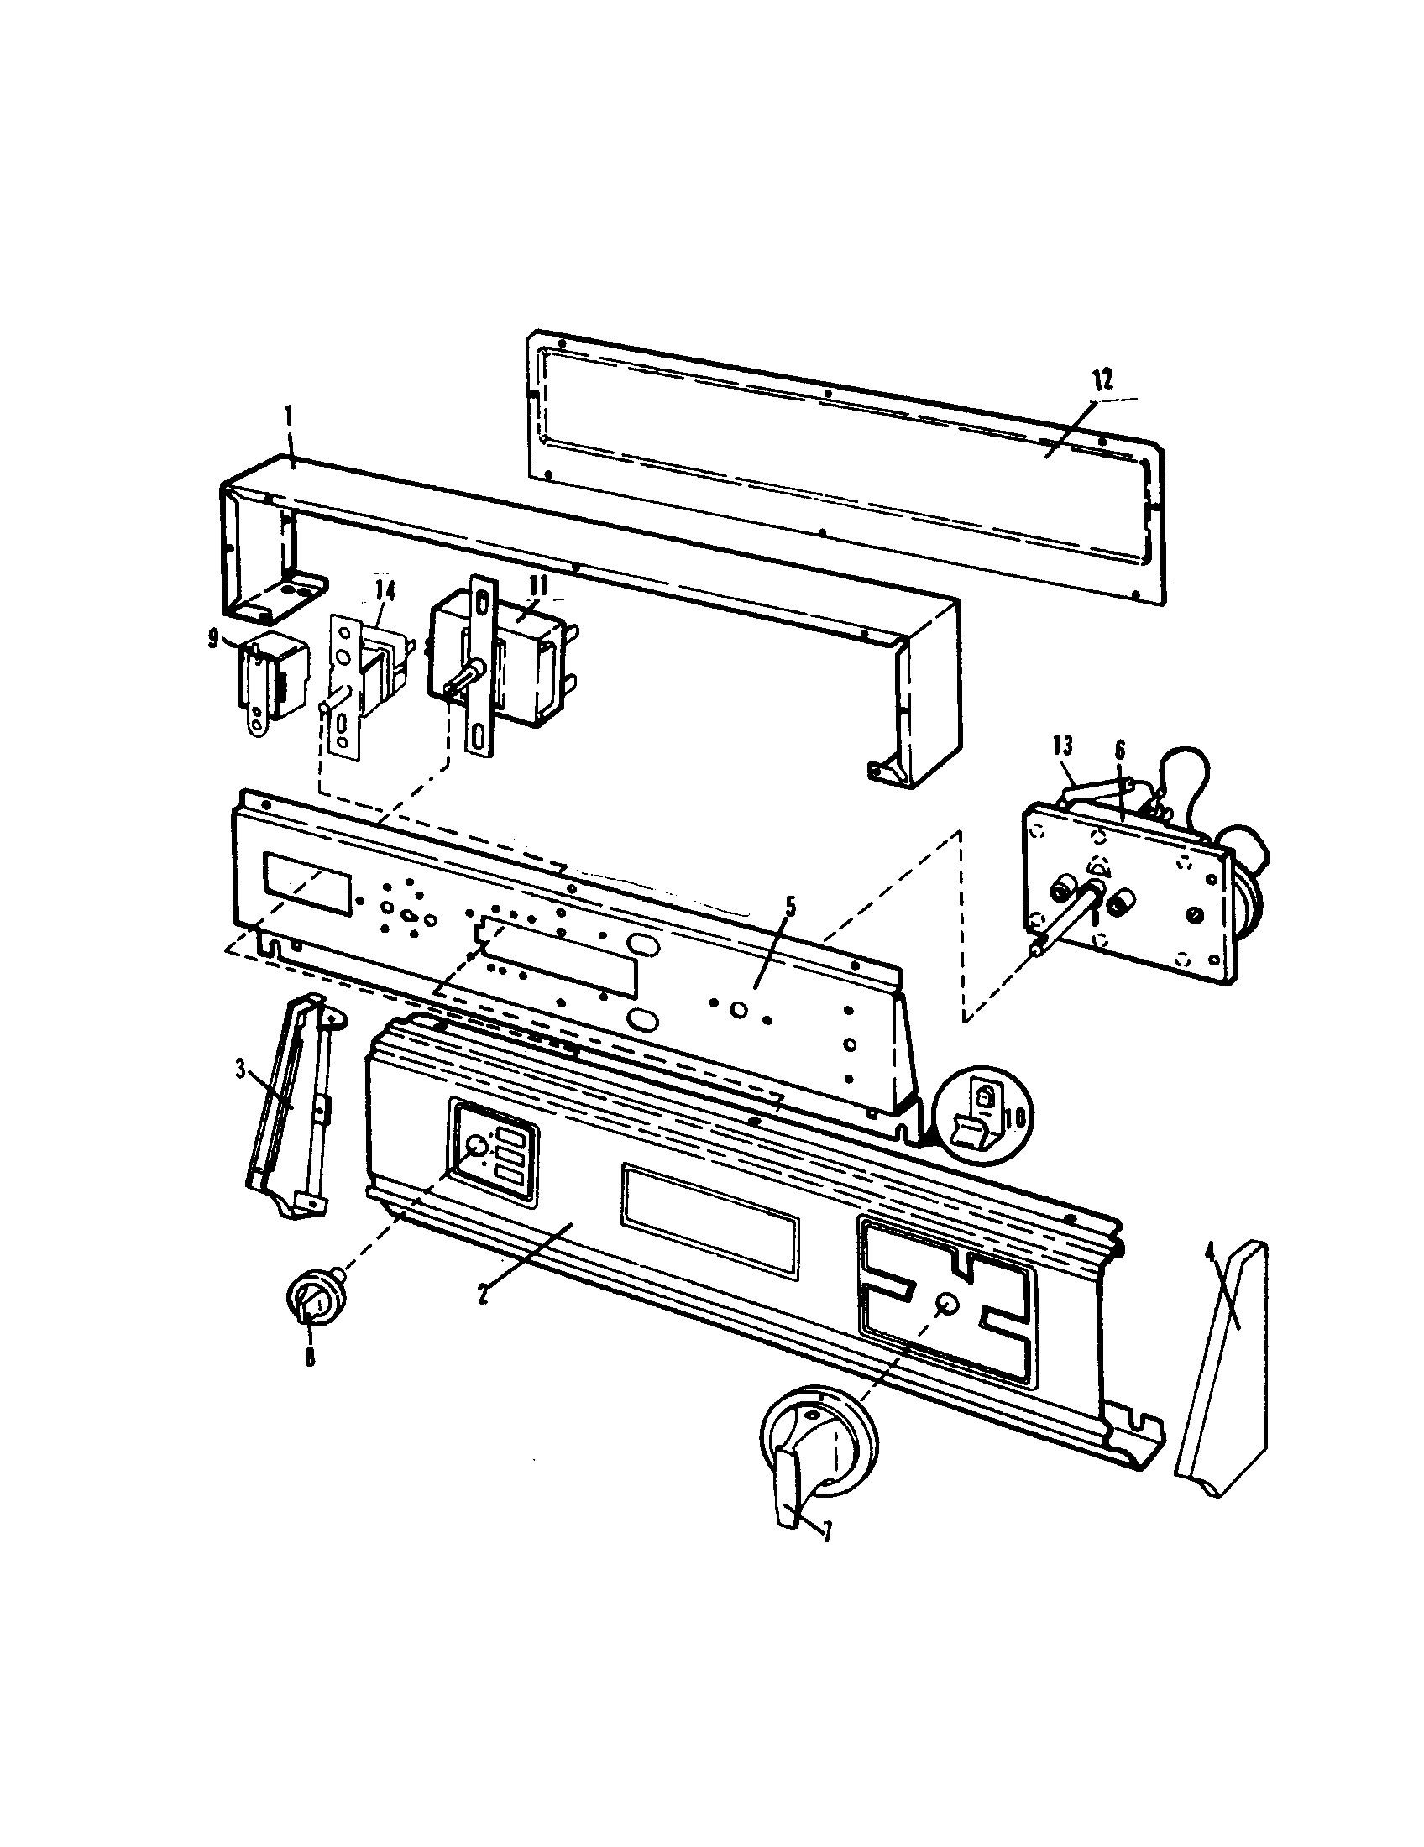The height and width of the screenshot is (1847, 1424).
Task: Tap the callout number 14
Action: pyautogui.click(x=385, y=591)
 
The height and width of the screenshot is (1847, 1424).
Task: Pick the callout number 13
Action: pyautogui.click(x=1063, y=745)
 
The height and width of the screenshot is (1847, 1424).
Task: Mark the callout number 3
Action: pyautogui.click(x=240, y=1070)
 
